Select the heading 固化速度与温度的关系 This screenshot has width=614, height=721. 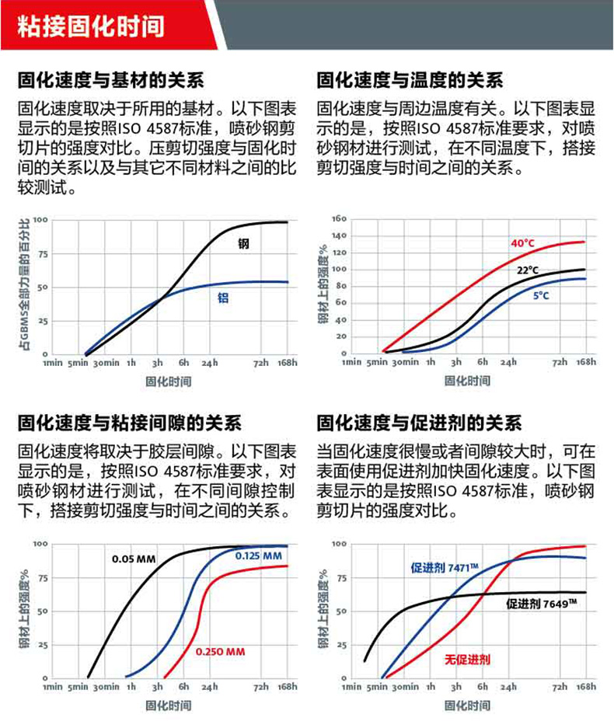point(410,81)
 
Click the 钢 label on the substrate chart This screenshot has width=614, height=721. point(243,244)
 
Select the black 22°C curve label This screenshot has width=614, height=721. point(528,270)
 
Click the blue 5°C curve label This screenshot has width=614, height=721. point(541,296)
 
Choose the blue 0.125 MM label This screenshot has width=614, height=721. point(258,556)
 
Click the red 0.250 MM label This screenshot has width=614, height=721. point(220,651)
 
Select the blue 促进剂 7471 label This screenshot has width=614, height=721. point(444,568)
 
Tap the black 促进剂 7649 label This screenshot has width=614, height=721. point(542,603)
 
